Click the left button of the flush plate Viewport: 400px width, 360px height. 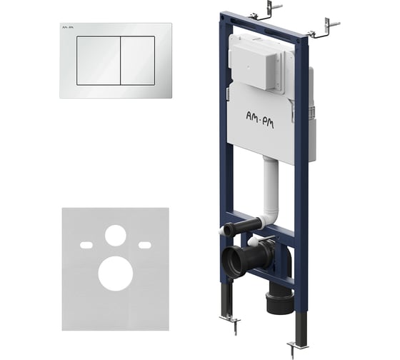pyautogui.click(x=99, y=61)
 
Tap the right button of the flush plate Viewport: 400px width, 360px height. pyautogui.click(x=138, y=61)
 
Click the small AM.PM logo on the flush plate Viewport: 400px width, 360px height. pyautogui.click(x=68, y=27)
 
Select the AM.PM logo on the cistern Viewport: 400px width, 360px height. pyautogui.click(x=260, y=120)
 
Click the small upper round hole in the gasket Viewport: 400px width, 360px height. pyautogui.click(x=116, y=236)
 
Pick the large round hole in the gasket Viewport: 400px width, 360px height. pyautogui.click(x=116, y=274)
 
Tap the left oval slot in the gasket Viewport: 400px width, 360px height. pyautogui.click(x=86, y=245)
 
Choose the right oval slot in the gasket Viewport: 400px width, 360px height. pyautogui.click(x=144, y=245)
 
